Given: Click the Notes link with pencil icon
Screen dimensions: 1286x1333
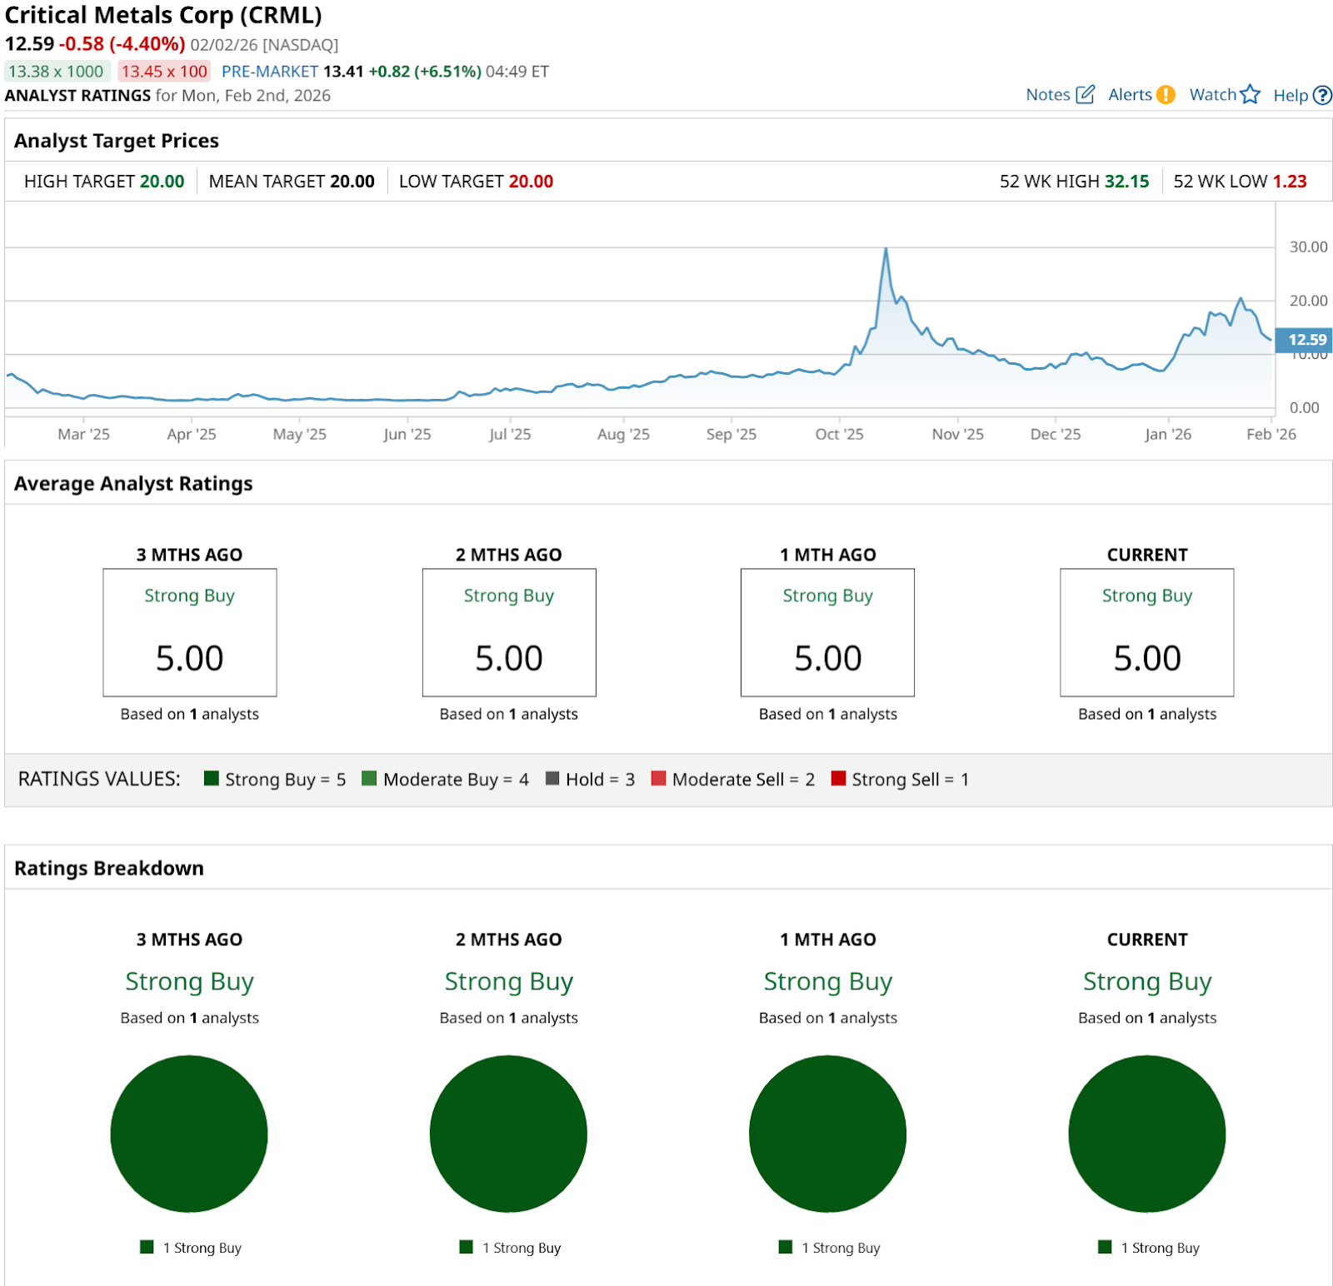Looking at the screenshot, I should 1059,95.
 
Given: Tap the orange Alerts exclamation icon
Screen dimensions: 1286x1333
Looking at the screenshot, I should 1166,95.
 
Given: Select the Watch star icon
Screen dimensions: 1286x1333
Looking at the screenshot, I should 1250,95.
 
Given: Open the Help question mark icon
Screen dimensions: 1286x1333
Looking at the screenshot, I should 1322,96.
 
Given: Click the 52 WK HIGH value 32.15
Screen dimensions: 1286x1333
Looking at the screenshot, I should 1126,182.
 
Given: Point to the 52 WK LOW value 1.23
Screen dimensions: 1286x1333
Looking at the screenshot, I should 1290,182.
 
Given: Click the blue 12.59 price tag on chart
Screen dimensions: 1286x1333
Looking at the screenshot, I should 1306,340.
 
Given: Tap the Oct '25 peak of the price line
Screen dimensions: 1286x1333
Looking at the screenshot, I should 886,249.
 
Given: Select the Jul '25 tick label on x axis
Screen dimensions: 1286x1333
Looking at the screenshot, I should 510,434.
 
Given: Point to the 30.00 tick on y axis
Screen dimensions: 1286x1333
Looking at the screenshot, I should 1308,247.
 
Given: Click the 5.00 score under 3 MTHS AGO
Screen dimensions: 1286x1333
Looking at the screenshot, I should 190,658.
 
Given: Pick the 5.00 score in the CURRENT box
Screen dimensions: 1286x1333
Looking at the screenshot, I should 1147,658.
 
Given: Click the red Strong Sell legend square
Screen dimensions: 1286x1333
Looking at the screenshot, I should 838,779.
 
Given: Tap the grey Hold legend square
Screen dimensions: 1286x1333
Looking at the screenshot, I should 552,779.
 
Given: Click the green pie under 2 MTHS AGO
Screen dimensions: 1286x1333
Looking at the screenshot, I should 508,1134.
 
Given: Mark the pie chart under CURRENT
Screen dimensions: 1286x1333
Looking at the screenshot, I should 1146,1134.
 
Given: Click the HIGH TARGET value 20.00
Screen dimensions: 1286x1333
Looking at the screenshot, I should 162,182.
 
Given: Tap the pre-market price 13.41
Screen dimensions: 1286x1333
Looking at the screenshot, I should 343,72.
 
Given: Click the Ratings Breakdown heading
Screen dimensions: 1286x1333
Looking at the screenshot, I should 109,868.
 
